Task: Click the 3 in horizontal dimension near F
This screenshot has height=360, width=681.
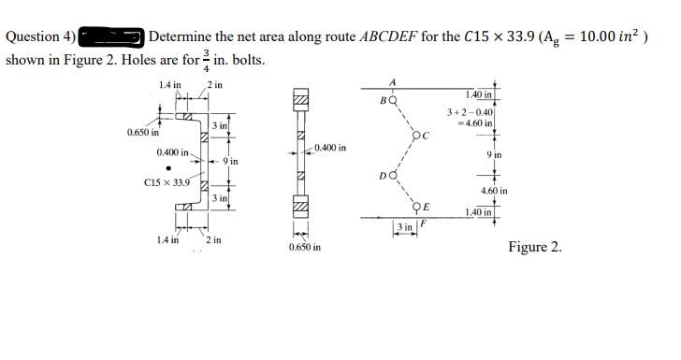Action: pos(404,227)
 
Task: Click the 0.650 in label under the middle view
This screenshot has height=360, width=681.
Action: pos(305,247)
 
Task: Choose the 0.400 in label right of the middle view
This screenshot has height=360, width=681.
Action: pos(330,148)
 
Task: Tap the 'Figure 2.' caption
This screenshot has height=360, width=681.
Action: pos(535,247)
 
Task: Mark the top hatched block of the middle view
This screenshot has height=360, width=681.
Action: pos(300,100)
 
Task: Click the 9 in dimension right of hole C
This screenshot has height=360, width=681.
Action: pos(496,153)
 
